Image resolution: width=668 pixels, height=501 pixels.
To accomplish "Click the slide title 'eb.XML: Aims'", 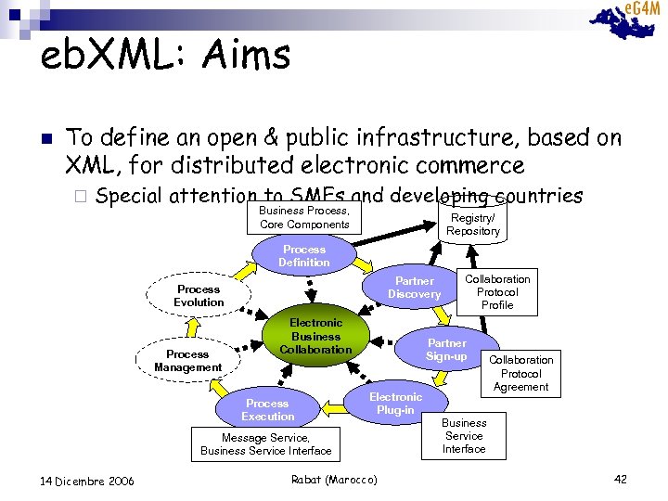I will (x=166, y=55).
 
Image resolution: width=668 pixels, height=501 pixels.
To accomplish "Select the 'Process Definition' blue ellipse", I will (x=304, y=256).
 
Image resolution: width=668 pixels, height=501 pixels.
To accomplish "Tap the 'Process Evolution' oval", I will (x=199, y=296).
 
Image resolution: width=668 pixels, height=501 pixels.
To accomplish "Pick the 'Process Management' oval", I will (x=187, y=361).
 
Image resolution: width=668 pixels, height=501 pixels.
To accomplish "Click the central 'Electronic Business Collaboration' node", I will (x=315, y=336).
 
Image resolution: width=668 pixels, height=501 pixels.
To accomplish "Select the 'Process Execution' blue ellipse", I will (x=267, y=410).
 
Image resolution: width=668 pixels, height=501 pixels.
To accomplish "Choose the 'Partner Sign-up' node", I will (x=446, y=350).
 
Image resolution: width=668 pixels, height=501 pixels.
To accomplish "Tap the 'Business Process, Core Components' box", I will (x=304, y=218).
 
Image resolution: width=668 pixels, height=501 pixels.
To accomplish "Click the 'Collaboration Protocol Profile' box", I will (x=497, y=291).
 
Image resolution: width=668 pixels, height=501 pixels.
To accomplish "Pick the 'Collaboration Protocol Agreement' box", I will (x=520, y=373).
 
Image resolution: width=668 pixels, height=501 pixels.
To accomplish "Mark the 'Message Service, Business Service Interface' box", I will (x=266, y=444).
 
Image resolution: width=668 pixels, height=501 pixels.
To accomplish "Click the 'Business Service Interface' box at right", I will (x=464, y=435).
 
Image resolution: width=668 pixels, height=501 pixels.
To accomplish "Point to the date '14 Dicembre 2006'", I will (x=88, y=481).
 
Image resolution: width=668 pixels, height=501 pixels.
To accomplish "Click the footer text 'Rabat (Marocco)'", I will (x=334, y=480).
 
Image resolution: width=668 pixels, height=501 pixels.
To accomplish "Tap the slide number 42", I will (x=621, y=479).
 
